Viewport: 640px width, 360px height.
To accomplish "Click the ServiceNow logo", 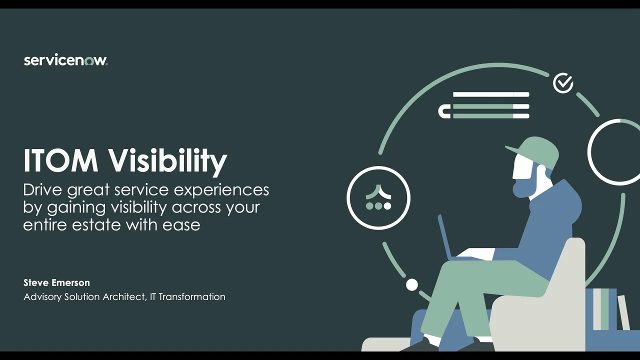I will pos(65,60).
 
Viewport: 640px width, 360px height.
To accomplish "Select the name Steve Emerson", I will pos(56,282).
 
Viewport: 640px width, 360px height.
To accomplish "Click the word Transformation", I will pos(192,297).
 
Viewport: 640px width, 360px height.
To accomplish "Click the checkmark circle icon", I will pos(563,83).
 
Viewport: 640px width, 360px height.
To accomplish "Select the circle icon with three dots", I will pos(378,198).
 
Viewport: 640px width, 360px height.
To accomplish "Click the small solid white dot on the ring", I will pos(411,285).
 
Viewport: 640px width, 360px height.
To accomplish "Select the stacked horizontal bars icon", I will pos(484,105).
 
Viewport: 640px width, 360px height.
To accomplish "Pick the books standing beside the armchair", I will pos(607,310).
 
